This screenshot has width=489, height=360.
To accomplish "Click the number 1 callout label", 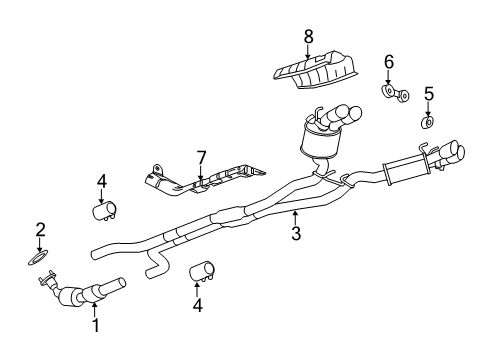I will [x=95, y=325].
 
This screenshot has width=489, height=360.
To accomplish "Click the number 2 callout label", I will [x=41, y=229].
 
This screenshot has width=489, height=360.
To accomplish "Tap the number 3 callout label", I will [x=295, y=235].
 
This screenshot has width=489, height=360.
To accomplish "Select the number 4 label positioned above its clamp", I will [x=101, y=181].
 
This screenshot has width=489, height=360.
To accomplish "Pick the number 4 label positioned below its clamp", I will [x=196, y=306].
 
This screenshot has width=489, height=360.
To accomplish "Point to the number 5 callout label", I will [x=428, y=94].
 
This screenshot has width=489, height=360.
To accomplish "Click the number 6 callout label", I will [x=389, y=62].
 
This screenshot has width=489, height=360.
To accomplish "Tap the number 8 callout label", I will [x=308, y=36].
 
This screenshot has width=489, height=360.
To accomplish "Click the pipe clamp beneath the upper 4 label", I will [x=103, y=211].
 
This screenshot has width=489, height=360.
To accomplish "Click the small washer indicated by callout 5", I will [x=427, y=124].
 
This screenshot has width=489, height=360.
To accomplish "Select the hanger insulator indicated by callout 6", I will [x=393, y=95].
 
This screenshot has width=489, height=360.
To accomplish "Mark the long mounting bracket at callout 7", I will [x=200, y=181].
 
